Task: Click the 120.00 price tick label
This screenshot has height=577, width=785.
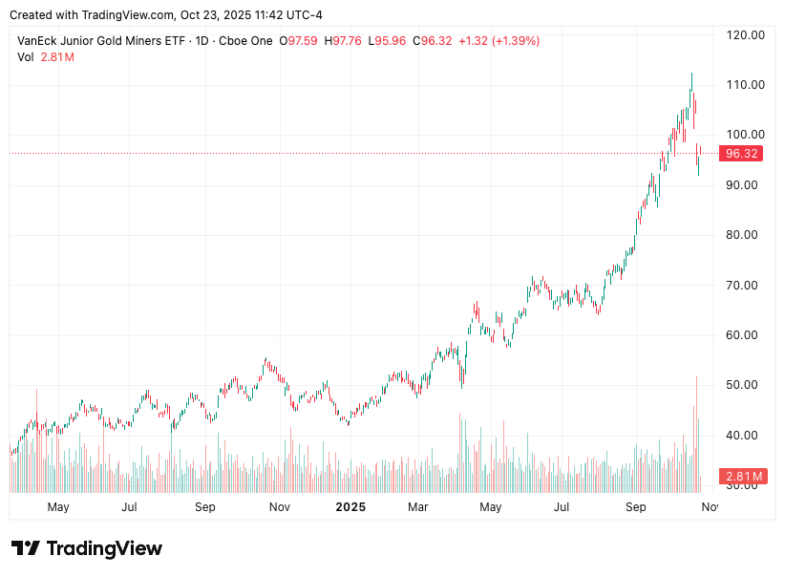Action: tap(745, 34)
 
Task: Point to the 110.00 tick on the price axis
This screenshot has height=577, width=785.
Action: tap(745, 84)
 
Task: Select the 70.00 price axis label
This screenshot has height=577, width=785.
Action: tap(745, 285)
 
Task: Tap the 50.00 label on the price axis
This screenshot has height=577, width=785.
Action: tap(745, 385)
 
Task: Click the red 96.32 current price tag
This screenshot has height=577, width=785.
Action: tap(742, 154)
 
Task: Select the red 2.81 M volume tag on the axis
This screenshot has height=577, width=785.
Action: tap(743, 476)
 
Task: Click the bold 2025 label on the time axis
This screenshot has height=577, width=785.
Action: tap(350, 506)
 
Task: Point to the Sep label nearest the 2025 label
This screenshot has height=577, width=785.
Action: tap(205, 506)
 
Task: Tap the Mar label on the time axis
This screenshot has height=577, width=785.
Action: tap(417, 506)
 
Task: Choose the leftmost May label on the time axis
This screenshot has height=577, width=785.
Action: tap(58, 506)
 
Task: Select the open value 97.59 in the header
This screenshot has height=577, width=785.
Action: tap(304, 41)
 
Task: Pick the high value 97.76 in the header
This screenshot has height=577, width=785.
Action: tap(348, 41)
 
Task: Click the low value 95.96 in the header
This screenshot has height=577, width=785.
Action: tap(390, 41)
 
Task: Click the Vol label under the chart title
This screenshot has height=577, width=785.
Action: tap(26, 57)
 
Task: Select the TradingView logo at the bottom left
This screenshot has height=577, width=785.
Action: tap(87, 548)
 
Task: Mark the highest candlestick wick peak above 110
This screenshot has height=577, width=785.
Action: tap(691, 74)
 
